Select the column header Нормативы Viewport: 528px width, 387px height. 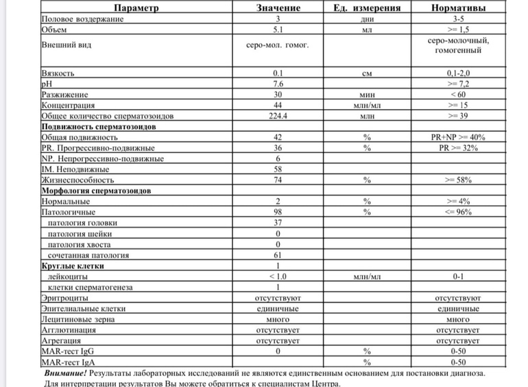point(458,8)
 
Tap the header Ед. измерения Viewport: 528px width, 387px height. point(367,8)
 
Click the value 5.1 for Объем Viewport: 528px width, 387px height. point(277,30)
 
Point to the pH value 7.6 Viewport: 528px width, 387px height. point(277,83)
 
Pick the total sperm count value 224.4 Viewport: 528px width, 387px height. point(277,116)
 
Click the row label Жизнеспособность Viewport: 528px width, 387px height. point(77,179)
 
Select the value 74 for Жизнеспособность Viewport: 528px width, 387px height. point(277,179)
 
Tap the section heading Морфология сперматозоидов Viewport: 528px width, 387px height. point(97,190)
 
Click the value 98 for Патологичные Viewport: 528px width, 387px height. point(277,212)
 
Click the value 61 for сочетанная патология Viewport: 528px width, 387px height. point(277,255)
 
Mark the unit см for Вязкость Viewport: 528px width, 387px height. point(367,72)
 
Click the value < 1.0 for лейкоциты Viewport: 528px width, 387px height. point(277,276)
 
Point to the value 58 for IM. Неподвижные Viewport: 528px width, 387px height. point(277,169)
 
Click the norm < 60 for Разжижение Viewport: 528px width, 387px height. point(458,94)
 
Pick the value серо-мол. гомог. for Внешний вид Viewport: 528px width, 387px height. point(277,46)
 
